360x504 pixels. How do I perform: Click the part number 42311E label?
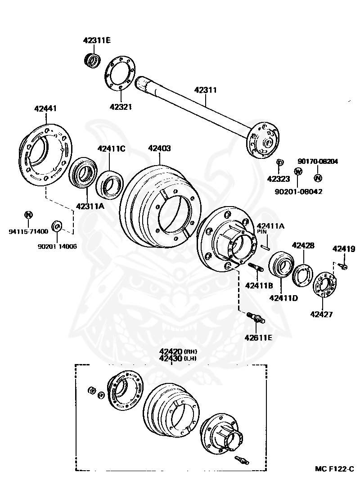tap(96, 40)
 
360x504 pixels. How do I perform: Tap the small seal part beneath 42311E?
tap(93, 59)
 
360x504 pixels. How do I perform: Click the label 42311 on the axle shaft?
tap(206, 90)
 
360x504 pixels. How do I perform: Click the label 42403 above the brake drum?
tap(159, 148)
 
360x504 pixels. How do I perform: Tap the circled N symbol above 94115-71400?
tap(28, 214)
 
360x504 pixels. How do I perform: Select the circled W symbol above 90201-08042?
tap(297, 171)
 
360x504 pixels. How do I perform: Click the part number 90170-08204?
tap(318, 161)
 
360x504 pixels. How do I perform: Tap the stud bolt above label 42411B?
tap(255, 267)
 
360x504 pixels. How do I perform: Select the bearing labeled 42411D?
tap(281, 268)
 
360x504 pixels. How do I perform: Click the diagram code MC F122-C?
tap(334, 469)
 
